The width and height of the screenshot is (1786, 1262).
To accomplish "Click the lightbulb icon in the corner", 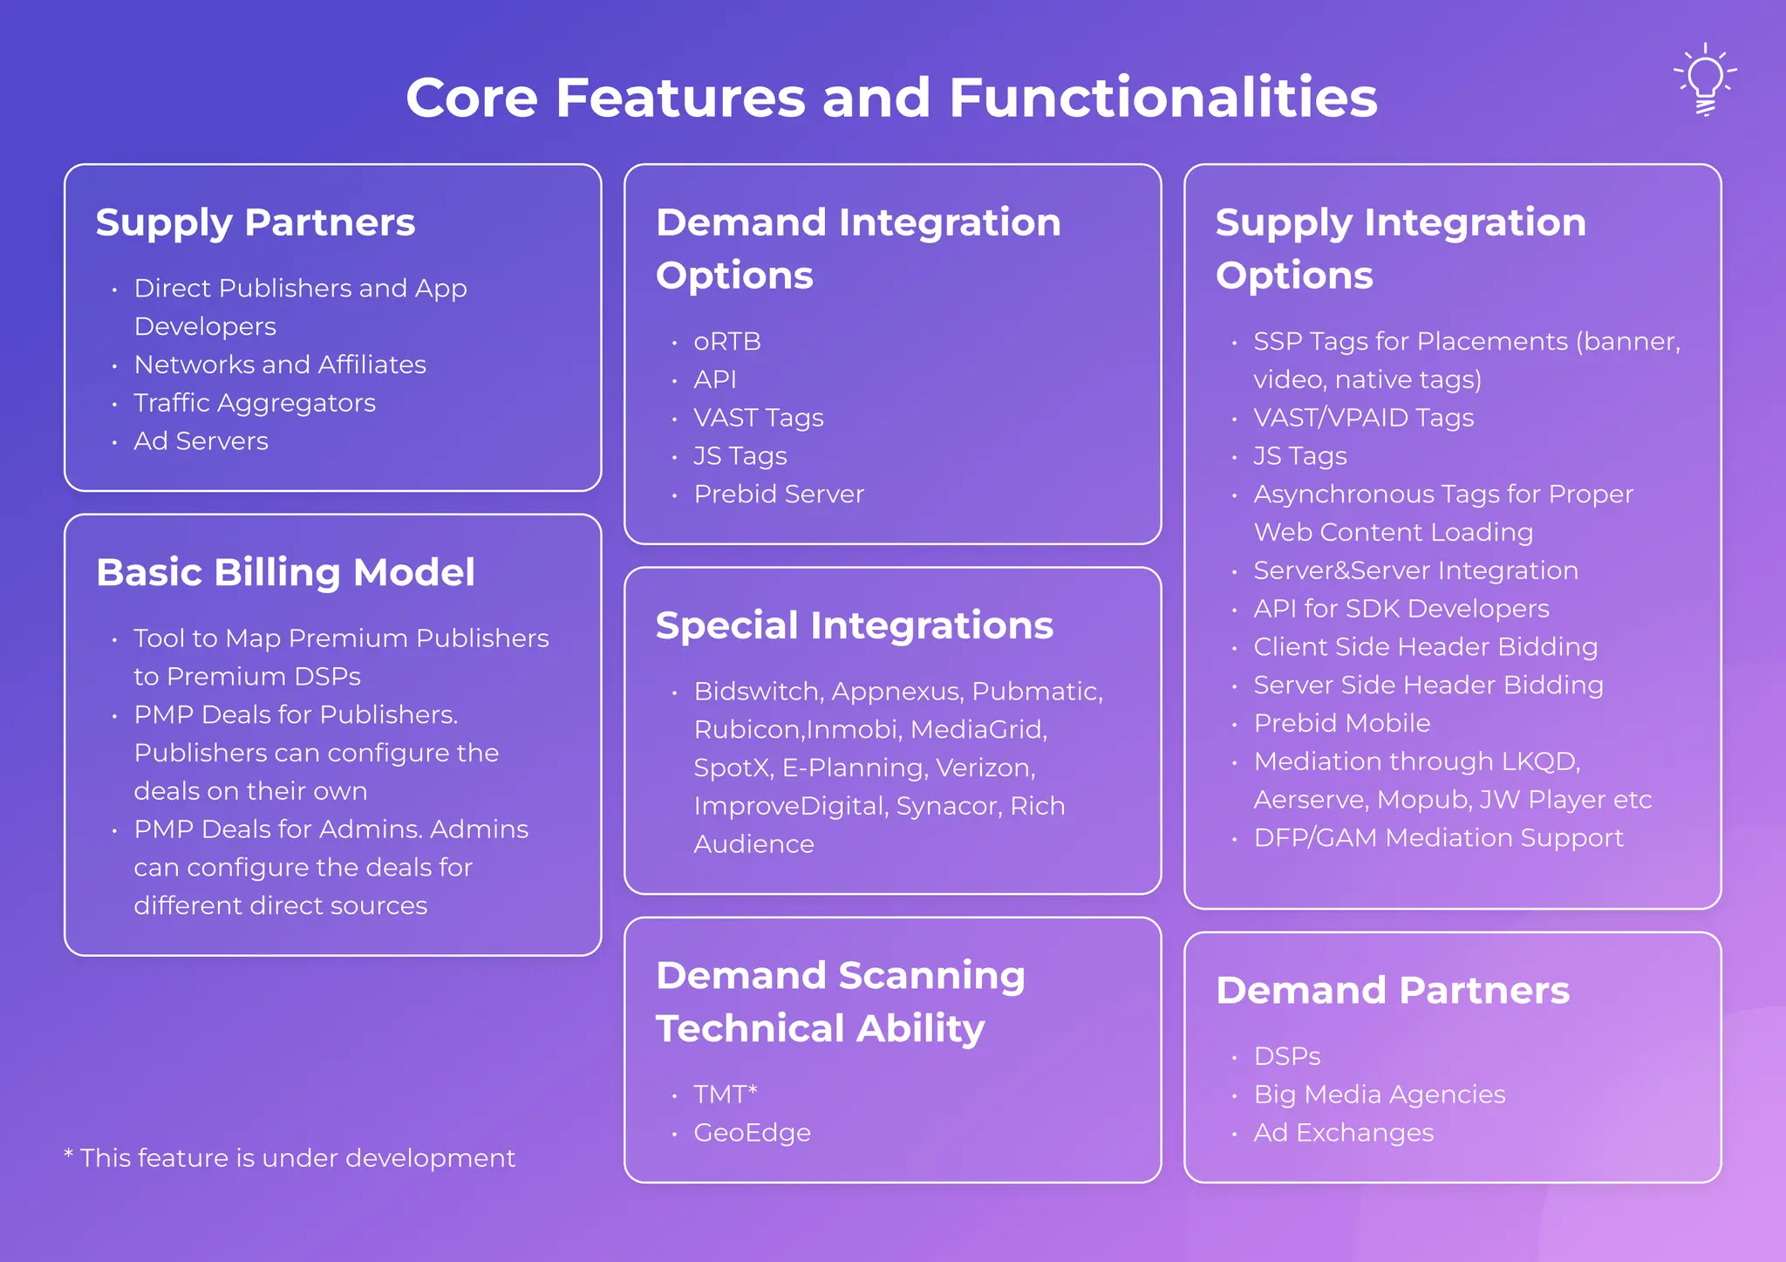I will click(x=1705, y=78).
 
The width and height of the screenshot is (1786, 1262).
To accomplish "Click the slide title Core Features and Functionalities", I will click(x=891, y=97).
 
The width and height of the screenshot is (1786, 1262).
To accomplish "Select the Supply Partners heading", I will click(x=256, y=222).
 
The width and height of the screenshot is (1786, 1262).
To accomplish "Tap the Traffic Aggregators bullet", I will click(x=254, y=403).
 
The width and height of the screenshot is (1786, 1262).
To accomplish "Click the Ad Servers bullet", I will click(x=201, y=441).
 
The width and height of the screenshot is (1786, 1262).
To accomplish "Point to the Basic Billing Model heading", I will click(x=285, y=573).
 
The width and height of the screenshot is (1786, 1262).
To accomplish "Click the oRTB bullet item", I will click(x=726, y=342).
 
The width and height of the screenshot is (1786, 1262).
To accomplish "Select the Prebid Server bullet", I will click(x=778, y=495).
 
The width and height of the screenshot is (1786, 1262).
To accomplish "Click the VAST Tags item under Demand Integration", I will click(x=758, y=418).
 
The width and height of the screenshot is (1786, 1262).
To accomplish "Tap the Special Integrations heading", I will click(x=854, y=626).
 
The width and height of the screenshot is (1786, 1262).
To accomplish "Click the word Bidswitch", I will click(x=758, y=692).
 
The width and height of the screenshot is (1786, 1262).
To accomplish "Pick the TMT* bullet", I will click(x=725, y=1095).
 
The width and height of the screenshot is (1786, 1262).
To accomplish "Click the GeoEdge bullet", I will click(x=751, y=1133).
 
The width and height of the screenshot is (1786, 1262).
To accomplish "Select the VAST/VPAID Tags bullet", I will click(x=1363, y=418).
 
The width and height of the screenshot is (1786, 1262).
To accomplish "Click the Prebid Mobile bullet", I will click(x=1341, y=724).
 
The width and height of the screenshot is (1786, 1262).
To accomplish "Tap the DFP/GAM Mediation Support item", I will click(x=1438, y=838).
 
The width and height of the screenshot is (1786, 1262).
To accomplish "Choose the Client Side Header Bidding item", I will click(x=1425, y=647).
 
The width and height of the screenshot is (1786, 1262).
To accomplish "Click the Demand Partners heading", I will click(x=1393, y=991).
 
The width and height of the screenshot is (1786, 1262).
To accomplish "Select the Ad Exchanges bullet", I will click(x=1343, y=1133).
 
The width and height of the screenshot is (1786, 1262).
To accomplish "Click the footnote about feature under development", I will click(x=290, y=1158).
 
